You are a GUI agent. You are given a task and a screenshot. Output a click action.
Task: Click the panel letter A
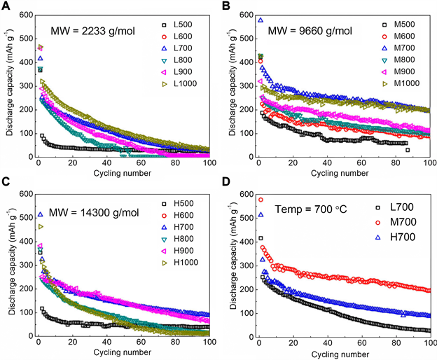(x=6, y=6)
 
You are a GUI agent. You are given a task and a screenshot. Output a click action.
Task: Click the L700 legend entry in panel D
(x=396, y=208)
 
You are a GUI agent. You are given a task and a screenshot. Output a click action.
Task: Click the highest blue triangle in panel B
(x=261, y=20)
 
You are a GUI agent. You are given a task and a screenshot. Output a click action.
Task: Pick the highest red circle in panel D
(x=261, y=200)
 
